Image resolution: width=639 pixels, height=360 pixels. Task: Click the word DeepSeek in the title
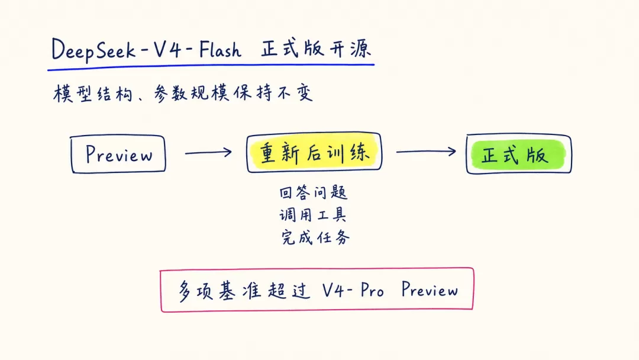93,50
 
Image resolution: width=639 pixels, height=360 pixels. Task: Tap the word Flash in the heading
220,50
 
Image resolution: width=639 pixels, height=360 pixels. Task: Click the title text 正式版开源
316,49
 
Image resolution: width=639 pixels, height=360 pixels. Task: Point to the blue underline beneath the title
211,67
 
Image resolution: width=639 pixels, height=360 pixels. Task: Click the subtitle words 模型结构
93,94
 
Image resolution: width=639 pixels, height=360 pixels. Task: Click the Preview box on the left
118,154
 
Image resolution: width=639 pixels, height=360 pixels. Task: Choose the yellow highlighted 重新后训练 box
314,152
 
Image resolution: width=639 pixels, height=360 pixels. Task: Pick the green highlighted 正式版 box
519,154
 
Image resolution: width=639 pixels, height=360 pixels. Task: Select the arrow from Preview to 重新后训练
208,153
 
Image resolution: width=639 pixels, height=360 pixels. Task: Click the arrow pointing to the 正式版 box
426,151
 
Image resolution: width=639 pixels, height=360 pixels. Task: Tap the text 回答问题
314,192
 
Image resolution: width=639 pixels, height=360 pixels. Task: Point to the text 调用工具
313,214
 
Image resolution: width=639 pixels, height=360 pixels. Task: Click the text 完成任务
315,237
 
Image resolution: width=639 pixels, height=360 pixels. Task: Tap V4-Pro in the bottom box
353,290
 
